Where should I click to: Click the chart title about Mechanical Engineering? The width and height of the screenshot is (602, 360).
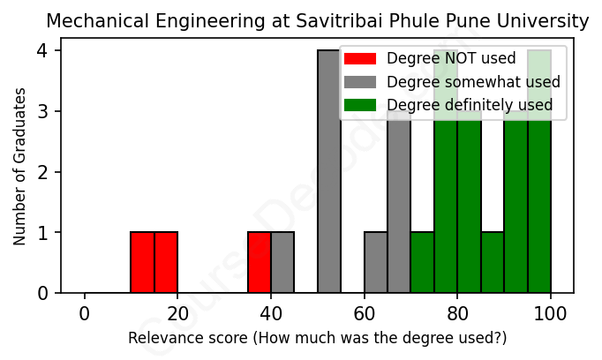317,21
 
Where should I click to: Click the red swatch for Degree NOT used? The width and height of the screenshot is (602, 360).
360,59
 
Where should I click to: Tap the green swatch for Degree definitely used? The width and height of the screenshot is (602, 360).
360,105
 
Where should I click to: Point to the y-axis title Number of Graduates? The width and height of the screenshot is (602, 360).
19,167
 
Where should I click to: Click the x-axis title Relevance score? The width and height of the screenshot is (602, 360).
317,338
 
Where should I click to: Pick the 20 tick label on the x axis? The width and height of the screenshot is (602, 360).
177,314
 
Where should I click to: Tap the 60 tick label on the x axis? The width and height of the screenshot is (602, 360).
364,314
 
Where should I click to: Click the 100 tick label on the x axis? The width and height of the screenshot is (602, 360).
551,314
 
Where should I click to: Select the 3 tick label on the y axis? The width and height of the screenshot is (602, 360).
41,111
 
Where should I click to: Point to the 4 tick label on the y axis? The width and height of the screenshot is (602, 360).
41,50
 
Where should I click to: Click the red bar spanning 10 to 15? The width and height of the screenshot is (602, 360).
142,263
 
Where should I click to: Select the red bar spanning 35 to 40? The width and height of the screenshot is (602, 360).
259,263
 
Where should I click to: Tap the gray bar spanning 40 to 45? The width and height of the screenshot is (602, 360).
282,263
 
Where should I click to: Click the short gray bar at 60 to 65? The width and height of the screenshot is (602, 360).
376,263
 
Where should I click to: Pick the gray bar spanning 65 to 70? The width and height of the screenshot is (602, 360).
399,212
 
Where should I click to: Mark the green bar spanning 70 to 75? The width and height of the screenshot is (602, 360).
422,263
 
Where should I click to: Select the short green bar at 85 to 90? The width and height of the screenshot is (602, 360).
493,263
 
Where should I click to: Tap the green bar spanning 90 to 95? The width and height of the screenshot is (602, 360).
515,212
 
